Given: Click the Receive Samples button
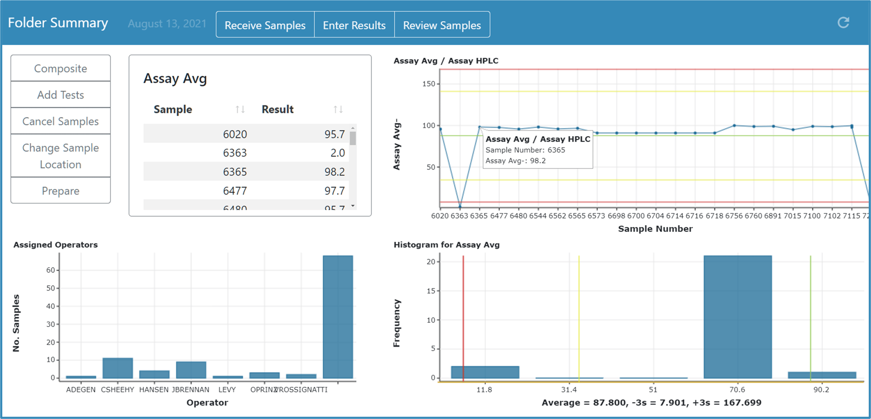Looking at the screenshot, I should tap(265, 25).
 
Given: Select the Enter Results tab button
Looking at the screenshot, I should tap(354, 25).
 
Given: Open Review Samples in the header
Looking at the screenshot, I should tap(442, 25).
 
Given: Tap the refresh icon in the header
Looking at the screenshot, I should tap(843, 22).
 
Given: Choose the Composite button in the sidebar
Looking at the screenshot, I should tap(60, 68).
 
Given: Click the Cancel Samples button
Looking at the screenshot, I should tap(60, 121).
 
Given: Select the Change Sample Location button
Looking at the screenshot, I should tap(60, 156).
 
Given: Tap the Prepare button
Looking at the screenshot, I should tap(60, 191).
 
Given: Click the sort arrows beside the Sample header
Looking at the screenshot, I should tap(240, 109).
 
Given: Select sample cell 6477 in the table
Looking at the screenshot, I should tap(235, 191).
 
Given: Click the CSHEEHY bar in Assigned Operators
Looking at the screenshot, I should tap(118, 368).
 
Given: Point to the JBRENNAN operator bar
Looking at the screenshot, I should tap(191, 370).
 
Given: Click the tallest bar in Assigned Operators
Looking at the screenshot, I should tap(338, 316).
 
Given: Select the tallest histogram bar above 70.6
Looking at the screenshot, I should tap(737, 316).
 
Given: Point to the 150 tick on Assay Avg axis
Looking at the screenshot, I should tap(428, 84).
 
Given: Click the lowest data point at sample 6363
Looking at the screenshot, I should tap(460, 207).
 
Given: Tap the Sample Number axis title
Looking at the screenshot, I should tap(655, 229).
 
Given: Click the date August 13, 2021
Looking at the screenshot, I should tap(167, 24).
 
